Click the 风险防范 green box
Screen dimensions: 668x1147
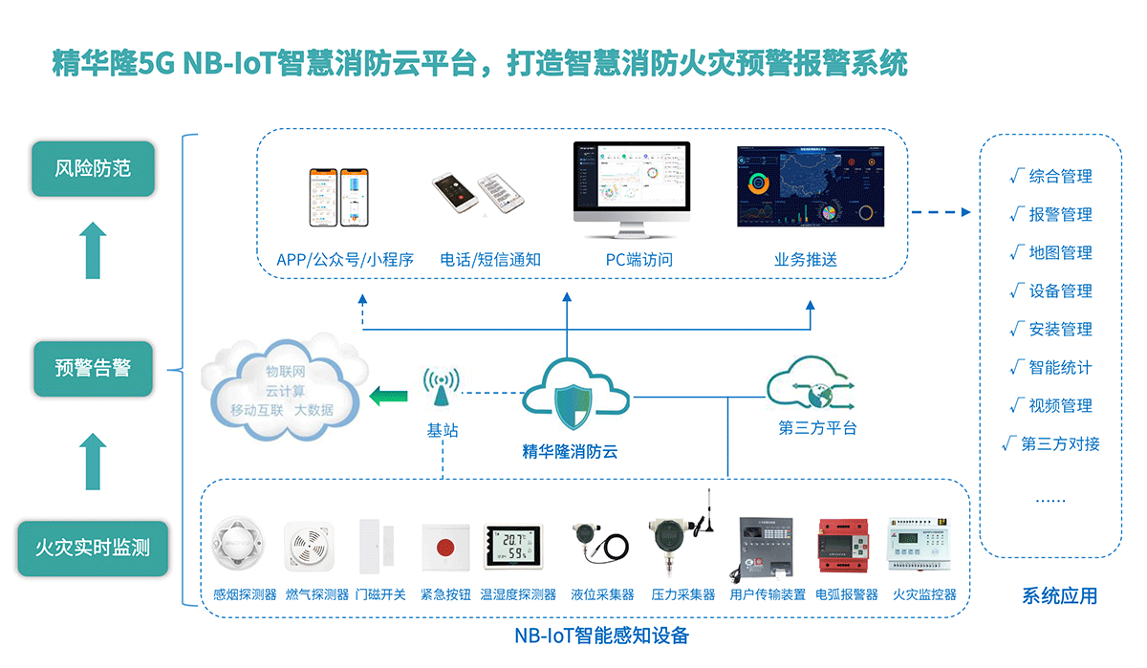(x=93, y=169)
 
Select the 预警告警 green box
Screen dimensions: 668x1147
(x=93, y=368)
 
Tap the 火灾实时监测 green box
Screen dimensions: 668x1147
(x=93, y=549)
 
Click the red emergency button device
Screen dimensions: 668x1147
(x=444, y=549)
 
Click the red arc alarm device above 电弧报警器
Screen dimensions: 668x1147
(x=846, y=547)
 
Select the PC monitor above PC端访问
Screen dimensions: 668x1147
(x=630, y=191)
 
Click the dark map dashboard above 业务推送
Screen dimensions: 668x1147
(x=810, y=187)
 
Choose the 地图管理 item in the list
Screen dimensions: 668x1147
(x=1060, y=253)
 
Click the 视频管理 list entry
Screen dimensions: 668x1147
(x=1060, y=406)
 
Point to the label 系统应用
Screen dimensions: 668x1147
(x=1059, y=596)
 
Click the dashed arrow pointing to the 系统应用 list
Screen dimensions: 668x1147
(x=940, y=211)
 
